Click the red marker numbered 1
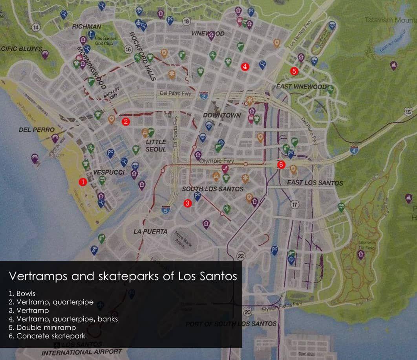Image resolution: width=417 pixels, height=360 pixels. click(82, 182)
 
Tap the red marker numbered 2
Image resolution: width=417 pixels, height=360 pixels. click(126, 121)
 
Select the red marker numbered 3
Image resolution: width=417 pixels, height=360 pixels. click(187, 203)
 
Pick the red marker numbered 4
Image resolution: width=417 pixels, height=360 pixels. click(245, 67)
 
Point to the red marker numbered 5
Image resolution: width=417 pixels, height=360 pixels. click(294, 71)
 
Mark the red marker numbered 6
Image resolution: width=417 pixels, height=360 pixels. click(281, 165)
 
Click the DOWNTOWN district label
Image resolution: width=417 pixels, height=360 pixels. click(221, 116)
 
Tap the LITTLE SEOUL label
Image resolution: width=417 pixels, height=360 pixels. click(156, 145)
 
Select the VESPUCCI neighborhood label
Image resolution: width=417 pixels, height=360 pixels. click(109, 173)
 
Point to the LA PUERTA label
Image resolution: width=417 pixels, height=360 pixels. click(150, 231)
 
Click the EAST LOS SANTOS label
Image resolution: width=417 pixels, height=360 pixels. click(315, 183)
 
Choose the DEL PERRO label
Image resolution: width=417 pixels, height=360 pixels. click(37, 130)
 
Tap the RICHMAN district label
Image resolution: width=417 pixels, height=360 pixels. click(86, 27)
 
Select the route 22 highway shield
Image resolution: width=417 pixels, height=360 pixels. click(241, 256)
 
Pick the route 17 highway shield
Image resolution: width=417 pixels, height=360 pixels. click(294, 204)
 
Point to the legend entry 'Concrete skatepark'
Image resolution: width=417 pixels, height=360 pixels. click(51, 336)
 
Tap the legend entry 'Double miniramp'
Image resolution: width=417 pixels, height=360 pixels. click(46, 327)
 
